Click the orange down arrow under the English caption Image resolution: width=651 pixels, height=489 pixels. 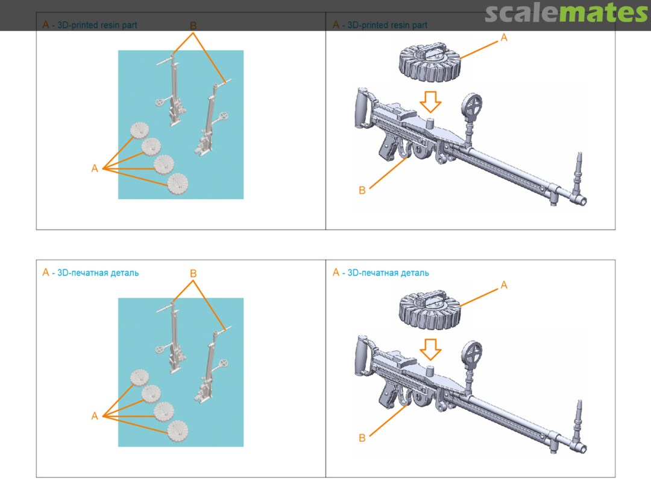tap(430, 102)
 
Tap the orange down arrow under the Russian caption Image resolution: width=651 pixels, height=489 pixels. tap(430, 350)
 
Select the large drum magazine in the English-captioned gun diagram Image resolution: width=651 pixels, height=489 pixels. tap(430, 62)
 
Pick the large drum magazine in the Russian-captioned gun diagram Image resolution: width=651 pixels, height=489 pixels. tap(430, 309)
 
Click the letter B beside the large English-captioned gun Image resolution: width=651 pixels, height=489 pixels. tap(362, 190)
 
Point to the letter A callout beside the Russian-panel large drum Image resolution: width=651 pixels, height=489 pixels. tap(504, 285)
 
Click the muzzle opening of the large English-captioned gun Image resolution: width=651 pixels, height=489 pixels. tap(583, 202)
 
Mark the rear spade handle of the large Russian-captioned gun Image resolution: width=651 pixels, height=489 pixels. tap(361, 355)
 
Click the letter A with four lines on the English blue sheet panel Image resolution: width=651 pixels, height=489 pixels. tap(95, 168)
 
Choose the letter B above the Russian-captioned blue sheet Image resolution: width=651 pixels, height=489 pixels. tap(193, 273)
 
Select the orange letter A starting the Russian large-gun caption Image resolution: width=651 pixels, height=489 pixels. tap(336, 272)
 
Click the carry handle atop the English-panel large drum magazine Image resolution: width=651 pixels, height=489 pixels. tap(432, 49)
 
